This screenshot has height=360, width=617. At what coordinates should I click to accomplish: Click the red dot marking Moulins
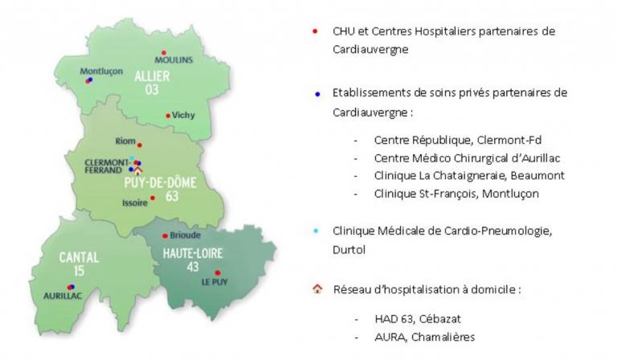click(x=164, y=53)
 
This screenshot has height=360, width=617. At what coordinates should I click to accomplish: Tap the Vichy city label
click(x=183, y=115)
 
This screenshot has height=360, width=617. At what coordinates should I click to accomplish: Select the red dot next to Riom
click(x=139, y=145)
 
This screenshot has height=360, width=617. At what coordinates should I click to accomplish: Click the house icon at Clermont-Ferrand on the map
click(x=137, y=170)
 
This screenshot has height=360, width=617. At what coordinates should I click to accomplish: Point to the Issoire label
click(x=135, y=203)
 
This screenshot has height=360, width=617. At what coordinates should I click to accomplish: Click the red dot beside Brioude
click(x=165, y=236)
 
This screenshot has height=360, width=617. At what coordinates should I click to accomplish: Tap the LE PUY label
click(x=215, y=282)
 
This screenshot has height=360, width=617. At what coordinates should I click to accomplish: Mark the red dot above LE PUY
click(x=218, y=273)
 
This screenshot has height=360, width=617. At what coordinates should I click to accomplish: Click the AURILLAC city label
click(x=63, y=296)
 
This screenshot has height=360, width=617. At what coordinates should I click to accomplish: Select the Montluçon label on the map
click(x=101, y=72)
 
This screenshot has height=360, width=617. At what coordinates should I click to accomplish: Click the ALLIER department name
click(x=153, y=76)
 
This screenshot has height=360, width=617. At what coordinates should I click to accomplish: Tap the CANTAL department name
click(x=79, y=258)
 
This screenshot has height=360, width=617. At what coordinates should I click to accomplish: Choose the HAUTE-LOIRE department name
click(x=193, y=253)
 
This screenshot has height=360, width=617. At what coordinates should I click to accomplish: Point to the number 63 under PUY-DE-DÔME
click(x=172, y=196)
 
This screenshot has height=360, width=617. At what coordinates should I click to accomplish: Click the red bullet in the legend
click(x=315, y=31)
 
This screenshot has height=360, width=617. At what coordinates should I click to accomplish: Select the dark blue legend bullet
click(x=317, y=94)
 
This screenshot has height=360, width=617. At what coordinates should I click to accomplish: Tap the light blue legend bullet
click(x=316, y=231)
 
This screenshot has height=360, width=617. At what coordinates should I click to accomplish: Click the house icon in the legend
click(x=317, y=289)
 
